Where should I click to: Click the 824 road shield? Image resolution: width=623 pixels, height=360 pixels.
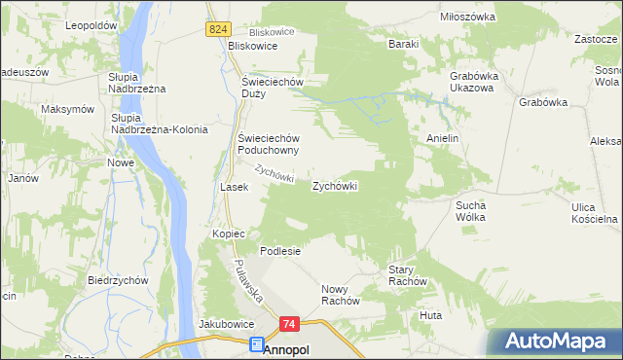[x=217, y=30]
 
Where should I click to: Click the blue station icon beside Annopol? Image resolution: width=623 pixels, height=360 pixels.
[x=256, y=344]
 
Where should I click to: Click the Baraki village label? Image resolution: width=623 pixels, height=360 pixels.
[x=403, y=44]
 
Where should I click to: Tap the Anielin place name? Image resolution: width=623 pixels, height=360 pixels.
[x=442, y=139]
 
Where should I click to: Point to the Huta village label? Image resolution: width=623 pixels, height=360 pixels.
[x=430, y=315]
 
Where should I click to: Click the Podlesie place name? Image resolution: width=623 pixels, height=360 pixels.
[x=279, y=250]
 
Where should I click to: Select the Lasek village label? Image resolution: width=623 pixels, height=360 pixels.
[x=235, y=186]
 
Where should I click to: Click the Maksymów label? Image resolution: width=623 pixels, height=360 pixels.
[x=67, y=109]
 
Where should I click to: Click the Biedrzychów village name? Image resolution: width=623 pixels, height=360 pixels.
[x=117, y=280]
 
